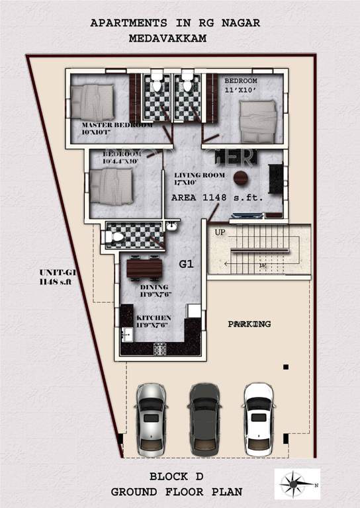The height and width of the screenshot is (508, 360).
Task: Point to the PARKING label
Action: click(249, 324)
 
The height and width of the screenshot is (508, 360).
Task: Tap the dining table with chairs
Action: click(144, 268)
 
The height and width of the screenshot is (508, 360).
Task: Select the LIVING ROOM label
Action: click(195, 175)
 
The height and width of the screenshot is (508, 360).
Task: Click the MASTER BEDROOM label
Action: click(117, 125)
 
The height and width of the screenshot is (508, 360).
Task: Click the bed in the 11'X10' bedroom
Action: click(259, 121)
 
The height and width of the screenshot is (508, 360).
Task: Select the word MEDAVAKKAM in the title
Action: click(169, 39)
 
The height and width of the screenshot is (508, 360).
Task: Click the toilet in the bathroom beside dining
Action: click(116, 235)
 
